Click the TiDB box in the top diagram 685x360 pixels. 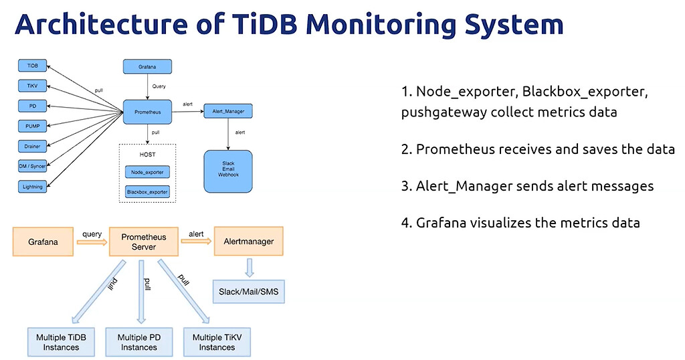pyautogui.click(x=32, y=66)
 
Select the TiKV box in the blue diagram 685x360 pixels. pyautogui.click(x=32, y=86)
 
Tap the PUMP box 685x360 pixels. pyautogui.click(x=32, y=126)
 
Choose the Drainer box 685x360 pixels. pyautogui.click(x=32, y=146)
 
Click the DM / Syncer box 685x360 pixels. pyautogui.click(x=32, y=166)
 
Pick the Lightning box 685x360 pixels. pyautogui.click(x=32, y=186)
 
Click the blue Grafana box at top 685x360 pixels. pyautogui.click(x=147, y=66)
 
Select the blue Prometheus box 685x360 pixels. pyautogui.click(x=147, y=112)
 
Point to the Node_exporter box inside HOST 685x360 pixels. pyautogui.click(x=147, y=172)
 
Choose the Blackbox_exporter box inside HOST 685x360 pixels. pyautogui.click(x=147, y=192)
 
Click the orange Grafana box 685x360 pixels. pyautogui.click(x=42, y=242)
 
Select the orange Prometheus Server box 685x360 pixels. pyautogui.click(x=143, y=242)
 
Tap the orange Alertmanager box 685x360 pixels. pyautogui.click(x=248, y=242)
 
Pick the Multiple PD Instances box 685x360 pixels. pyautogui.click(x=138, y=342)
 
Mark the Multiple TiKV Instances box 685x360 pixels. pyautogui.click(x=217, y=342)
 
